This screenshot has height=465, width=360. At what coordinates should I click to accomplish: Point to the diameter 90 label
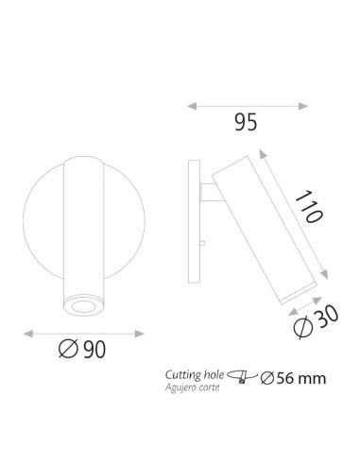point(81,350)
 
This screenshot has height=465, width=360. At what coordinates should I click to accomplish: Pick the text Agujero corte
point(192,387)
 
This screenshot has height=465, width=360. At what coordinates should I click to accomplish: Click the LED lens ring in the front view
point(79,302)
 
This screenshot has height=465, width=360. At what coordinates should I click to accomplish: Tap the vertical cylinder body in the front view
point(79,227)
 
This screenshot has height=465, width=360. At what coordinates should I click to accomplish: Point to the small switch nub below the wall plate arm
point(202,245)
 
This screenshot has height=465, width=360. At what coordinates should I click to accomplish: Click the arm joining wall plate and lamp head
point(208,193)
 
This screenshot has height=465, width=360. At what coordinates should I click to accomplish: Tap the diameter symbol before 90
point(66,350)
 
